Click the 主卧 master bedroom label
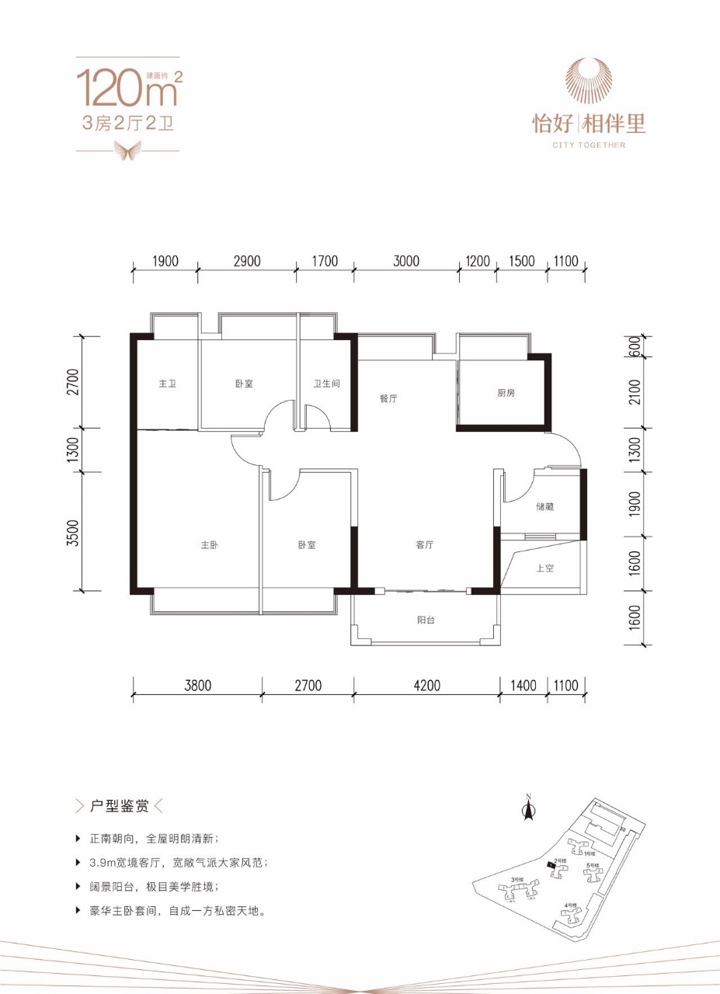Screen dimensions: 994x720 (x=208, y=545)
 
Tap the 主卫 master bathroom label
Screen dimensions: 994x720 (x=167, y=384)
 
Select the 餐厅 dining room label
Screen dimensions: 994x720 (x=388, y=398)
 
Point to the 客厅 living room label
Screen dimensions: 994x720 (x=424, y=545)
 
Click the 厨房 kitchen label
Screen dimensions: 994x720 (x=506, y=393)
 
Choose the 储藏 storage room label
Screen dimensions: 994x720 (x=544, y=507)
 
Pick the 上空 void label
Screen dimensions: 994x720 (x=544, y=568)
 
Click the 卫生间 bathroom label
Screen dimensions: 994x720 (x=327, y=384)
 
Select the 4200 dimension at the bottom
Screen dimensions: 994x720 (x=426, y=685)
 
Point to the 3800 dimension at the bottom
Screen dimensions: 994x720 (x=197, y=685)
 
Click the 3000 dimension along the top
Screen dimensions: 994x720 (x=405, y=261)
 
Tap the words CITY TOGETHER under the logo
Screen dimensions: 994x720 (x=588, y=144)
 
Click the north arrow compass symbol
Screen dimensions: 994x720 (x=528, y=809)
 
